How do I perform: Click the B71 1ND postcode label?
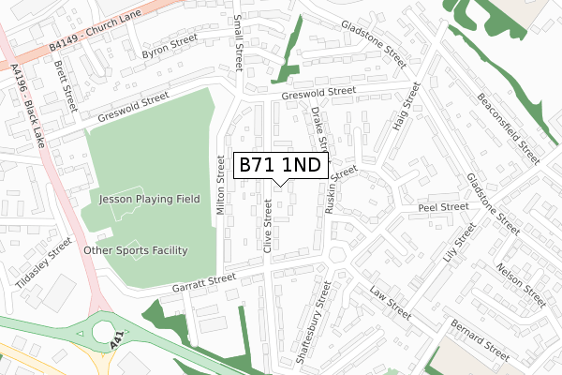280,166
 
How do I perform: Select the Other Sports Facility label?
136,250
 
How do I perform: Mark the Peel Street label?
443,206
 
